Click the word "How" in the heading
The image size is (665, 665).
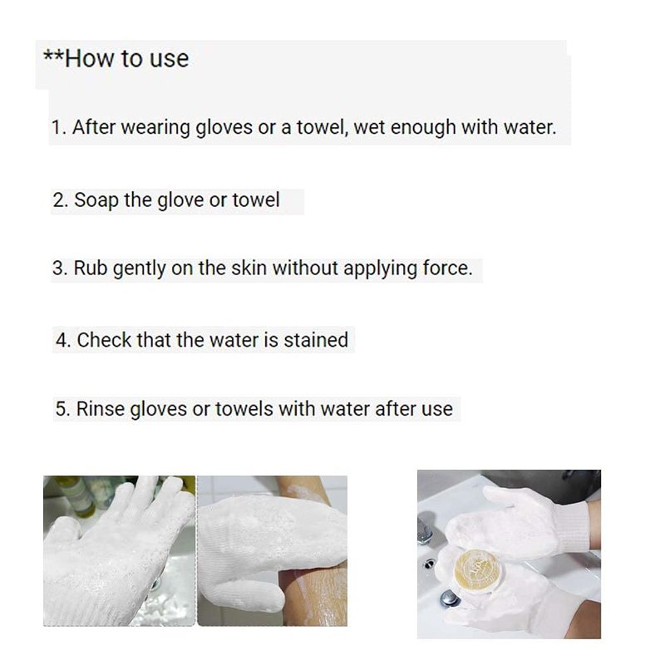(90, 58)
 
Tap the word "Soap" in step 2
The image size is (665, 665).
(96, 200)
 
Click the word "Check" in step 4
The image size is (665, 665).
(104, 340)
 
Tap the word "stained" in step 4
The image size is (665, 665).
(316, 340)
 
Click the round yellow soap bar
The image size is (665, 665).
(476, 571)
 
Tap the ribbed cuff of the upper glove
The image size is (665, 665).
(571, 526)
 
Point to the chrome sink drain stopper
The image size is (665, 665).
(450, 598)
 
